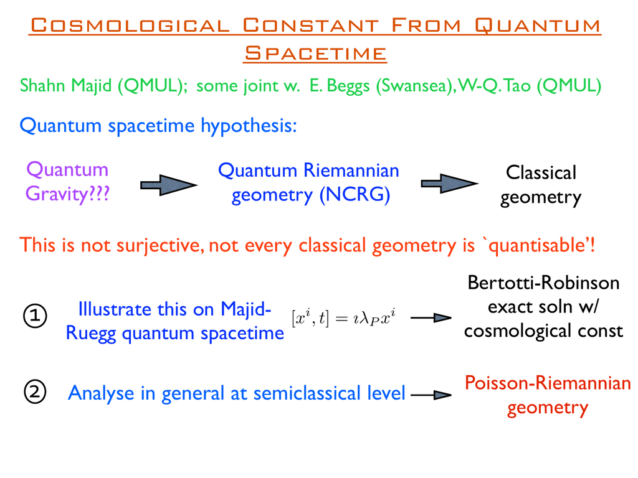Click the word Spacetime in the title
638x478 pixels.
[x=315, y=54]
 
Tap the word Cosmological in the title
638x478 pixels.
[x=131, y=25]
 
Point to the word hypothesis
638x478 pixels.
[x=249, y=126]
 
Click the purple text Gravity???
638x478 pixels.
[x=67, y=194]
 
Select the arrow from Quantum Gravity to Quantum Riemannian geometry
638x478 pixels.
[x=169, y=185]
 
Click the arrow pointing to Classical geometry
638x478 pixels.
[x=450, y=184]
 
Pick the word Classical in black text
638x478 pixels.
[x=541, y=173]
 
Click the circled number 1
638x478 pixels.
[x=35, y=316]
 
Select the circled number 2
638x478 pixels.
[x=35, y=392]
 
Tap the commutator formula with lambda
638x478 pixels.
[x=344, y=318]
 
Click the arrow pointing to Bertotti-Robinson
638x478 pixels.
[x=431, y=318]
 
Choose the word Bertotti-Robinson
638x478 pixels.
[x=543, y=283]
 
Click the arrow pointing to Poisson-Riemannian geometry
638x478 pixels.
[x=431, y=394]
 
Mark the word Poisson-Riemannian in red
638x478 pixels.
[x=548, y=383]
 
